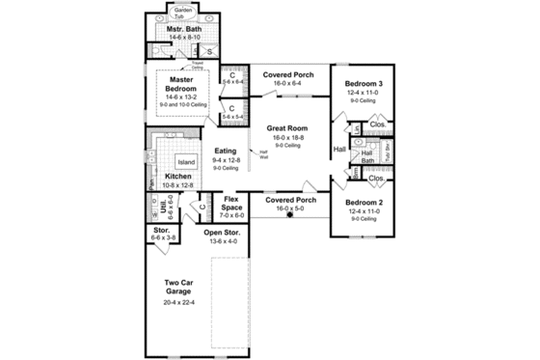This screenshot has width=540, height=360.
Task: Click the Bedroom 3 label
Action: (x=364, y=84)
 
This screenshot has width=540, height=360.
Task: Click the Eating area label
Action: (x=226, y=150)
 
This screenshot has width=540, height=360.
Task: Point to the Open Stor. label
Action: (x=222, y=233)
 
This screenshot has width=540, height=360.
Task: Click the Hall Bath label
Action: (x=367, y=156)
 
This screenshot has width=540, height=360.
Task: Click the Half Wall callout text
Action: (x=262, y=152)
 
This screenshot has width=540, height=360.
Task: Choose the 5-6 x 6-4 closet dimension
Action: (x=232, y=82)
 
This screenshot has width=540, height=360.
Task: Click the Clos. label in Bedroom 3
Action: (x=377, y=124)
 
